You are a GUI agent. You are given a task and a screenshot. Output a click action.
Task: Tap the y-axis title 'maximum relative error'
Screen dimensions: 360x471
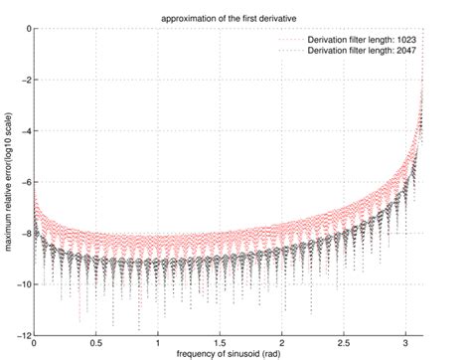click(8, 182)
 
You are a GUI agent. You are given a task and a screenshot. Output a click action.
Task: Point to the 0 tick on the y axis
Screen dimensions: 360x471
click(28, 29)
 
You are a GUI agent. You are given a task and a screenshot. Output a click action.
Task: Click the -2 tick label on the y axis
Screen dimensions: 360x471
click(26, 80)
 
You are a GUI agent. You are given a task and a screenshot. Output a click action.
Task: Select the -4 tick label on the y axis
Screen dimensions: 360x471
click(26, 131)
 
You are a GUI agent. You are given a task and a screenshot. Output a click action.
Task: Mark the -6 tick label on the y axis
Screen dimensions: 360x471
click(26, 182)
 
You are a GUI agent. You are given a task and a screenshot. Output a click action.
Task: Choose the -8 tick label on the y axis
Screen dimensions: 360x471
click(26, 233)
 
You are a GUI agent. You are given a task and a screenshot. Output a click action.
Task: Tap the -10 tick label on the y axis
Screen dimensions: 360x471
click(24, 284)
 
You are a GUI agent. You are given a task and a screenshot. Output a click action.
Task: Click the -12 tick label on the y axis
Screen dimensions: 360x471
click(24, 335)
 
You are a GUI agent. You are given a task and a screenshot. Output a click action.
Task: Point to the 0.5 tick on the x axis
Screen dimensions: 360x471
click(95, 343)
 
